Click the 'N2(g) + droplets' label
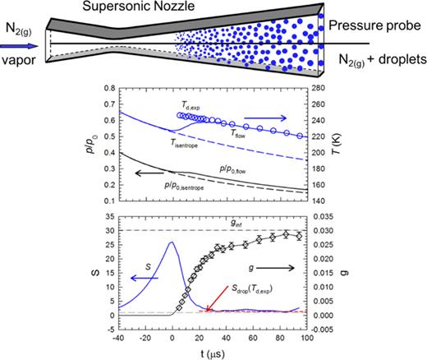point(382,60)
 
